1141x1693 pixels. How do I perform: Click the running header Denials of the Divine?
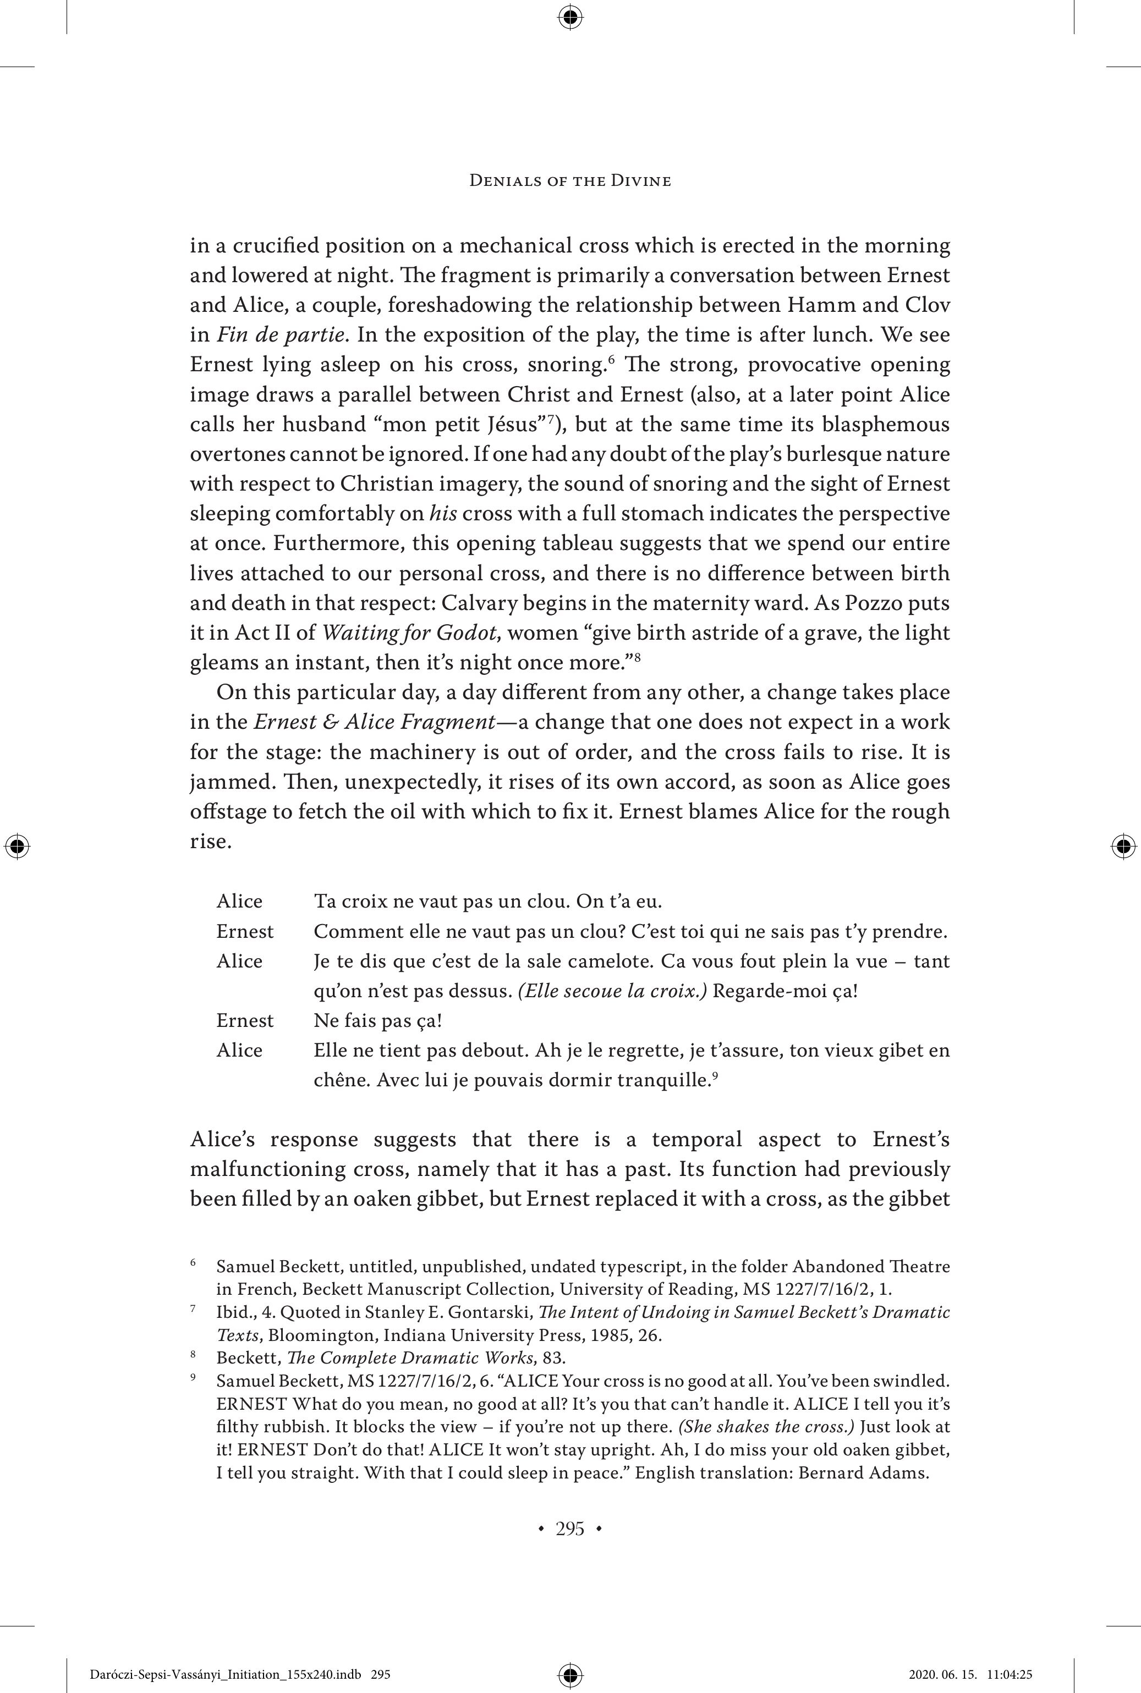click(570, 180)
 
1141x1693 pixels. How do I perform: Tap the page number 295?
click(570, 1529)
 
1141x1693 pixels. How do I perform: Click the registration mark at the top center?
click(570, 16)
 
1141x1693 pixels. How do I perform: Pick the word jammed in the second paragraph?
click(226, 782)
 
